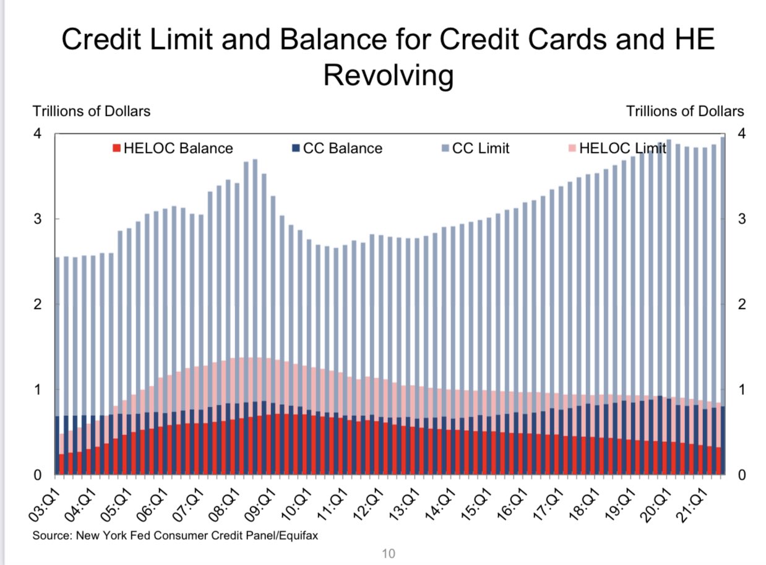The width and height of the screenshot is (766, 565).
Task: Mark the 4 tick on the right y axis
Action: pos(741,134)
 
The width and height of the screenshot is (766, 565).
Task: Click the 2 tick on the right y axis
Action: pos(741,304)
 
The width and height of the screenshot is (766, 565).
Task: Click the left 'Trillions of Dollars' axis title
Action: pos(91,111)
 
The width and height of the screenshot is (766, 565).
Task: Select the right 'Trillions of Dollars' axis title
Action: pos(685,111)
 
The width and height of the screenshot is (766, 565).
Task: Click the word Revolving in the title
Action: pos(388,75)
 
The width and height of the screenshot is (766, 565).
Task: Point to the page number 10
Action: pos(388,553)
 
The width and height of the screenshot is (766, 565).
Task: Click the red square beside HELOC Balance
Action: pos(115,149)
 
